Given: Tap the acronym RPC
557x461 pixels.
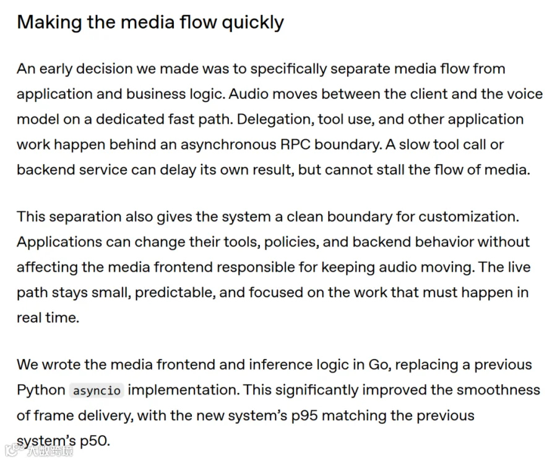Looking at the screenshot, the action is point(295,145).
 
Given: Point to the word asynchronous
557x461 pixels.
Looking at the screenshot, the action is point(228,145).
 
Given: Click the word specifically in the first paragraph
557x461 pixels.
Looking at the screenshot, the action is point(288,69).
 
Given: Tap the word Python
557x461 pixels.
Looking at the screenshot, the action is point(41,390).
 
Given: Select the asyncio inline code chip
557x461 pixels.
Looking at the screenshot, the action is point(97,390).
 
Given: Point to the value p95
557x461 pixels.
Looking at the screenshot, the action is point(304,416).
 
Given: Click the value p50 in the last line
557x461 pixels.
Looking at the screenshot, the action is point(95,441).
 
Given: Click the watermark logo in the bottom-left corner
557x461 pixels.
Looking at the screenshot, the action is point(12,450).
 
